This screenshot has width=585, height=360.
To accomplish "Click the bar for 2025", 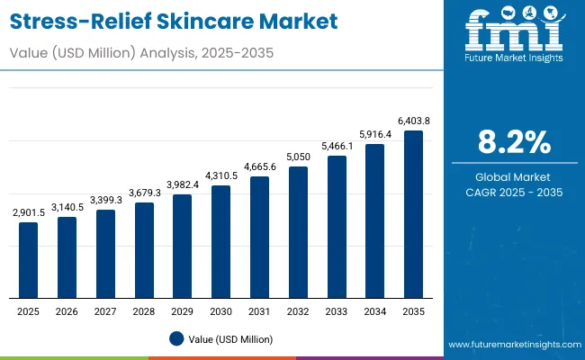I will tap(29, 260).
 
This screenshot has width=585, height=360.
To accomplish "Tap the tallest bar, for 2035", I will tap(413, 214).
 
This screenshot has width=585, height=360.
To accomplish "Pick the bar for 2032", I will tap(298, 232).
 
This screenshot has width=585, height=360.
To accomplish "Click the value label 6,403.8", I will tap(413, 121).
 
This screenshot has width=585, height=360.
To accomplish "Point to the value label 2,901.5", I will tap(29, 212).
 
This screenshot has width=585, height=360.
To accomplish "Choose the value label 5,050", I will tap(298, 157).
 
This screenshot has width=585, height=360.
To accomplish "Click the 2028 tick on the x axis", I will tap(144, 311).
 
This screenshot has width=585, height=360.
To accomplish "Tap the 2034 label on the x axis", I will tap(374, 311).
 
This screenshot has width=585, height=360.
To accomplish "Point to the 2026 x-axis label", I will tap(67, 311).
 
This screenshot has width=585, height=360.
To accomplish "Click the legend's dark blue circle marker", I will tap(177, 338).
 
